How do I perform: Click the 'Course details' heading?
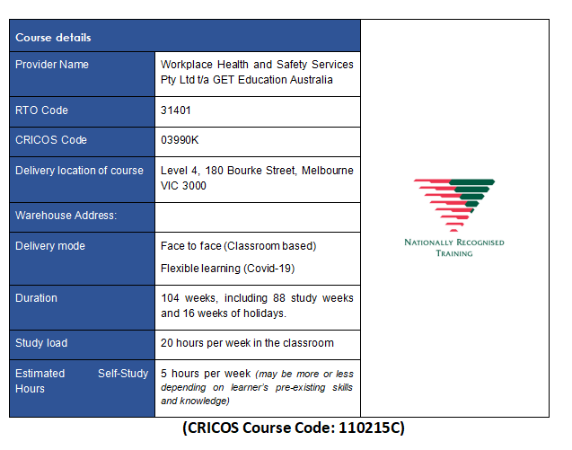[53, 38]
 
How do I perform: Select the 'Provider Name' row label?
[52, 65]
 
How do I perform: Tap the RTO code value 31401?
[176, 110]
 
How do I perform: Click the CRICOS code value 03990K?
[180, 140]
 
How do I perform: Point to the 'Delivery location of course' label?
[79, 171]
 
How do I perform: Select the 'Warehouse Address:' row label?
[66, 216]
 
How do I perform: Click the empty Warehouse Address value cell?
[258, 217]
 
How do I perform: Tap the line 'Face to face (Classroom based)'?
[239, 246]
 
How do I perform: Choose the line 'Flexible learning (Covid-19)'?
[228, 269]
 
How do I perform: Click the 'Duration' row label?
[36, 298]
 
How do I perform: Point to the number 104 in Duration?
[170, 298]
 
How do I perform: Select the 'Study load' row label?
[41, 343]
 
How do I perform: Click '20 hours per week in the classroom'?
[247, 343]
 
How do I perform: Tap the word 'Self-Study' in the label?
[123, 374]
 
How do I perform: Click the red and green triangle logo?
[454, 205]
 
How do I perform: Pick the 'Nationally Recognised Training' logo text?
[454, 248]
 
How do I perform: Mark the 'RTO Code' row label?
[41, 110]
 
